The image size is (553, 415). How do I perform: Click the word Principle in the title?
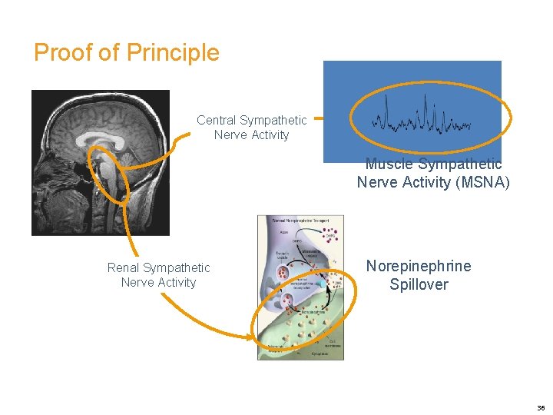(x=173, y=53)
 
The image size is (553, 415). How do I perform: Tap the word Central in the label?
(x=217, y=121)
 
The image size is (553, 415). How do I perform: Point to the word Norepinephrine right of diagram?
(x=419, y=267)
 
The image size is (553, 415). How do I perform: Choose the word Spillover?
(x=419, y=284)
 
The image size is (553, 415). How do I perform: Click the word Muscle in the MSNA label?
(x=388, y=164)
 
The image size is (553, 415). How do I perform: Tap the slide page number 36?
(x=541, y=408)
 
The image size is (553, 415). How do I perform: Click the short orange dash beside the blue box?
(x=317, y=119)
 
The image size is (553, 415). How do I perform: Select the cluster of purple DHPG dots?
(x=331, y=232)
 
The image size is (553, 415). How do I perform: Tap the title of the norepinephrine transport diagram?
(x=300, y=221)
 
